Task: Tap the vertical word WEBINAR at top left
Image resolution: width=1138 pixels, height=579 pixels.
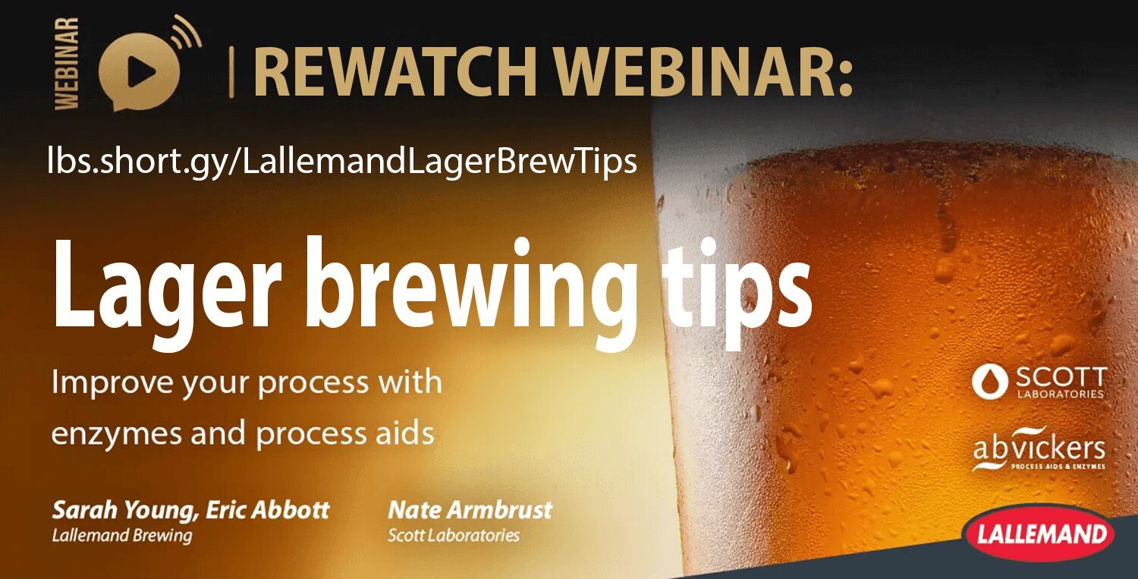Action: point(67,64)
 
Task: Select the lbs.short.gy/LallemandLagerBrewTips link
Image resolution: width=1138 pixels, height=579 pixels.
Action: point(342,160)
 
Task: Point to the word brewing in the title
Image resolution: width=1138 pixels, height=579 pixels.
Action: point(470,292)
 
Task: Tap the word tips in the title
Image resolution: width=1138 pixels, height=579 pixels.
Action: point(737,293)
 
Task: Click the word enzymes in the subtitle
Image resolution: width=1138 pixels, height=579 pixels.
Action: point(116,435)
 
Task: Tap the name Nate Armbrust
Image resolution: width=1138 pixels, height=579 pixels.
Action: point(470,510)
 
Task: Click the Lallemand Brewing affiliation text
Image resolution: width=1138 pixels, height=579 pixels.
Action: point(122,536)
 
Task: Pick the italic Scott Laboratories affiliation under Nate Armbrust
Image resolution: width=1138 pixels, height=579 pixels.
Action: point(454,535)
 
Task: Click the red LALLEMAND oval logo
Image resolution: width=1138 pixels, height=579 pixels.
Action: point(1040,533)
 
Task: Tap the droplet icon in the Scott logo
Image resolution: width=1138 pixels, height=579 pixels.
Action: point(989,381)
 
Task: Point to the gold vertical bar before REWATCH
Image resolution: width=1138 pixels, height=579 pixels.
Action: point(231,71)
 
